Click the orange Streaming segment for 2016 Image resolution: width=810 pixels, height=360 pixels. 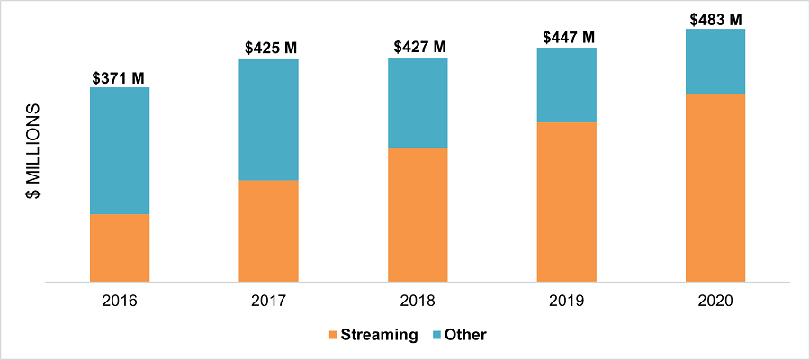click(120, 247)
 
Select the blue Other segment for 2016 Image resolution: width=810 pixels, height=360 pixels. click(120, 150)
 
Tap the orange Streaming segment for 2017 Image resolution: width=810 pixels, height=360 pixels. click(268, 231)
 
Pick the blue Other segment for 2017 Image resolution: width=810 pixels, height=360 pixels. click(268, 120)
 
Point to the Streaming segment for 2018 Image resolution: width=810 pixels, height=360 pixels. click(418, 214)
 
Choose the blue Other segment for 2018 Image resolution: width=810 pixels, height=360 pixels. click(418, 103)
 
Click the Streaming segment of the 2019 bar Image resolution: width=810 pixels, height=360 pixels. click(567, 202)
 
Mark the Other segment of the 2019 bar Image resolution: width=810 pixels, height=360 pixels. click(567, 85)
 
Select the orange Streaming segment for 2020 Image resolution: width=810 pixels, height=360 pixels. click(715, 187)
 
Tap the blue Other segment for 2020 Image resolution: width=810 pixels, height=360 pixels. click(715, 61)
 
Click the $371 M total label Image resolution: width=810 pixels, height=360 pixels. click(119, 78)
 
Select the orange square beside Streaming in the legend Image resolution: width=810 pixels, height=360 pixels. click(333, 335)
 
